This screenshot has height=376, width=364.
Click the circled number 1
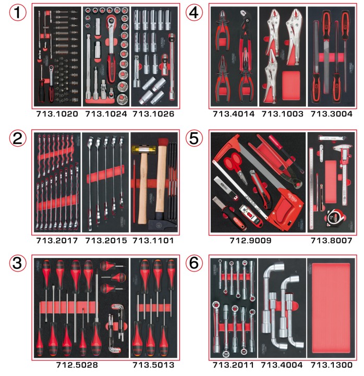tap(18, 13)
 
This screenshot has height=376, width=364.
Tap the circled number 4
tap(194, 13)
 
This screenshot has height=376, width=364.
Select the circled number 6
tap(194, 263)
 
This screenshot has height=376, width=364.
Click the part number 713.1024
tap(106, 114)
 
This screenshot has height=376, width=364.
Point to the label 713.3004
tap(332, 114)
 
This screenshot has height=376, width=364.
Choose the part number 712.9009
tap(250, 241)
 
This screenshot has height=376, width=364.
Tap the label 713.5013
tap(153, 365)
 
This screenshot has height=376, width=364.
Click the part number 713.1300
tap(332, 365)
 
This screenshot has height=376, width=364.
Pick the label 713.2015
tap(106, 241)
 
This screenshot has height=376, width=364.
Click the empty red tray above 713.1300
tap(332, 308)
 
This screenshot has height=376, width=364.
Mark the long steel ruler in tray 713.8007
tap(311, 189)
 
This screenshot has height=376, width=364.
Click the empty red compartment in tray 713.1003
tap(291, 86)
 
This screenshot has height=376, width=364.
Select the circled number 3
tap(18, 263)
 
